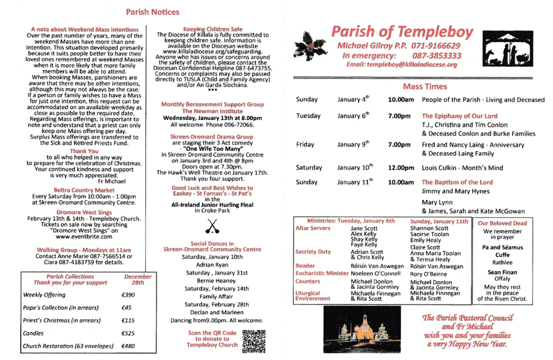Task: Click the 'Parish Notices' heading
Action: pos(152,11)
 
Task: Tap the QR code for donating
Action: pos(254,341)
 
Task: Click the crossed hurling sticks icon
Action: pos(212,227)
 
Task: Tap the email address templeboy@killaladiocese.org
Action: pos(402,65)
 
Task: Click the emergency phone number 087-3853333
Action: pos(436,56)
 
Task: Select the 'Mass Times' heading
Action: pos(424,86)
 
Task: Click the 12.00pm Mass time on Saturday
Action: pos(401,168)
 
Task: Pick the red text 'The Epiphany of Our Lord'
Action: pos(460,116)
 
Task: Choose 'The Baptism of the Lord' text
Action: pos(457,182)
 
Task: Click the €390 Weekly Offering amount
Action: pos(129,295)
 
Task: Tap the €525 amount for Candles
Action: pos(129,334)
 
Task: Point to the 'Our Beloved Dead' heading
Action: pos(502,223)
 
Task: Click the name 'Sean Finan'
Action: pos(502,273)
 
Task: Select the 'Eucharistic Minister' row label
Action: pos(322,274)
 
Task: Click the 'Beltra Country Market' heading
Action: pos(84,190)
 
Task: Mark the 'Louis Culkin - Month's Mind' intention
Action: pos(462,168)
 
